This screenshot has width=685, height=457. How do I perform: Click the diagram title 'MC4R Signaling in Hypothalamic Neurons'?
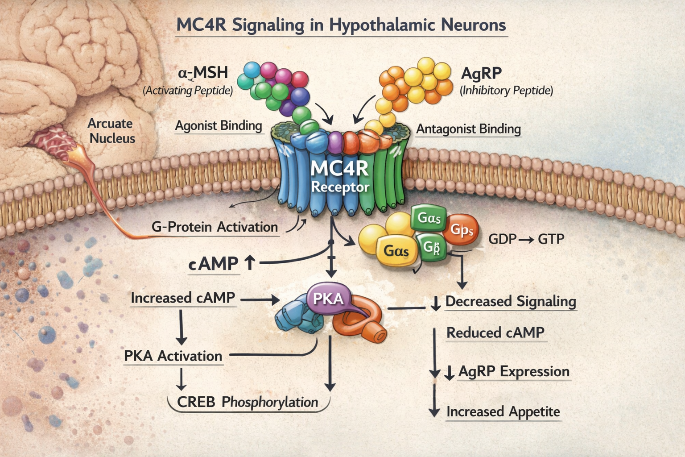point(341,25)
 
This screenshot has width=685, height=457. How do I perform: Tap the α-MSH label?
point(203,72)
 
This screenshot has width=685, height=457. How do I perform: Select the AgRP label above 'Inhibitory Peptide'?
point(481,73)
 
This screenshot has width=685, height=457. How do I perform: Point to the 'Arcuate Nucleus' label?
point(111,131)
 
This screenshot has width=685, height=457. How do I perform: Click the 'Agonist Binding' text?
point(218,126)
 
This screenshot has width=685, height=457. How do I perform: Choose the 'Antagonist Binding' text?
point(468,129)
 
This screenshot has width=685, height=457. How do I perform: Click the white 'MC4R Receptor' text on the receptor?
point(340,176)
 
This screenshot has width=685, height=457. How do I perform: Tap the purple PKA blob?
point(328,299)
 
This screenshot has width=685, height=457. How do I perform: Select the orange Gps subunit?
point(462,230)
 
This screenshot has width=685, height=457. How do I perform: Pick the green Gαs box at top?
point(429,218)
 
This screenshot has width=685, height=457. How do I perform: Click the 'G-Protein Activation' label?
point(215,227)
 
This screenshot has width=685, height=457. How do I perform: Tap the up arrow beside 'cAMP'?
point(250,263)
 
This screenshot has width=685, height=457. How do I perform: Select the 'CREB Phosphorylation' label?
point(248,402)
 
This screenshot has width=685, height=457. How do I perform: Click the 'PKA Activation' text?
point(173,356)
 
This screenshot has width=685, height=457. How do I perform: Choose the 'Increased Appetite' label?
point(503,411)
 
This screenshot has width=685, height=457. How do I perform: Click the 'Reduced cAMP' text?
point(495,333)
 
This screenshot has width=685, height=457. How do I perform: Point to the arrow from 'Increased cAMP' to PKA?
point(260,300)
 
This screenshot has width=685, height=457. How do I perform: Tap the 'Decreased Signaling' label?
point(511,302)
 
